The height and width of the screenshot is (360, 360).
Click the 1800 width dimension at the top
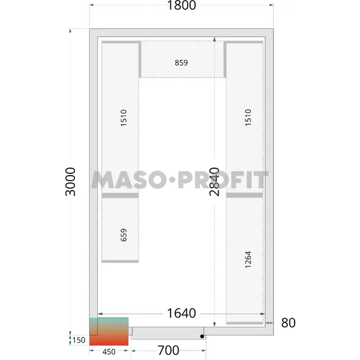[x=182, y=5]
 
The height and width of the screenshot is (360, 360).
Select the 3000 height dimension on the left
[x=70, y=182]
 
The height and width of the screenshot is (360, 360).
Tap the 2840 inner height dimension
[x=214, y=182]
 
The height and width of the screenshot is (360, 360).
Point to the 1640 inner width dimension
[x=181, y=313]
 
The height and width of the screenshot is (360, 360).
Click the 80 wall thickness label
[x=289, y=323]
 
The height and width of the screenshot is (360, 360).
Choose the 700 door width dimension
[x=168, y=350]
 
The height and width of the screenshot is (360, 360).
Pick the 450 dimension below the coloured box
[x=109, y=352]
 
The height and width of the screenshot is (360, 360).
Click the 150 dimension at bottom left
[x=79, y=340]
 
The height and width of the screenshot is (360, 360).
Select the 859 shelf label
[x=181, y=62]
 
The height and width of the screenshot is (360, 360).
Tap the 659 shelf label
[x=124, y=235]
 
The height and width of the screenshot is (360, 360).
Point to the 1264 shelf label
[x=248, y=260]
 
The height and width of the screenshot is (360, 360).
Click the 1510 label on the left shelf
[x=124, y=118]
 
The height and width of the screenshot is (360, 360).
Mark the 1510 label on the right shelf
[x=248, y=118]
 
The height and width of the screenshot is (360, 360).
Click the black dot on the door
[x=202, y=337]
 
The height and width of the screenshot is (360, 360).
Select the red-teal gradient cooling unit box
[x=109, y=331]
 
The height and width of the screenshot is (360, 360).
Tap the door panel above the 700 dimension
[x=168, y=334]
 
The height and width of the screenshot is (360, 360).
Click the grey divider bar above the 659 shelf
[x=120, y=195]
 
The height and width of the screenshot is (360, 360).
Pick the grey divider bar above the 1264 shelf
[x=245, y=195]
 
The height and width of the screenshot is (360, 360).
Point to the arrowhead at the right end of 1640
[x=262, y=314]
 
